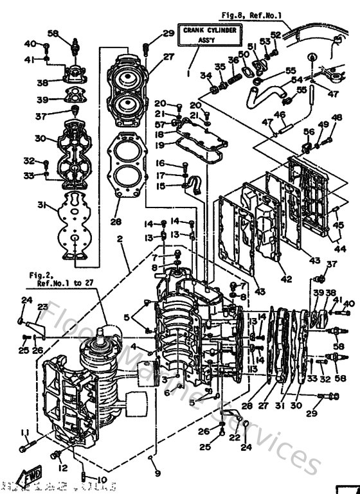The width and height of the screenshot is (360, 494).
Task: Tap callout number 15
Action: tap(160, 186)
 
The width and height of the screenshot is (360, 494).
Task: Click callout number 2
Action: tap(120, 238)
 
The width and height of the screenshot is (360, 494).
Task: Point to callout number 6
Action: tap(166, 393)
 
